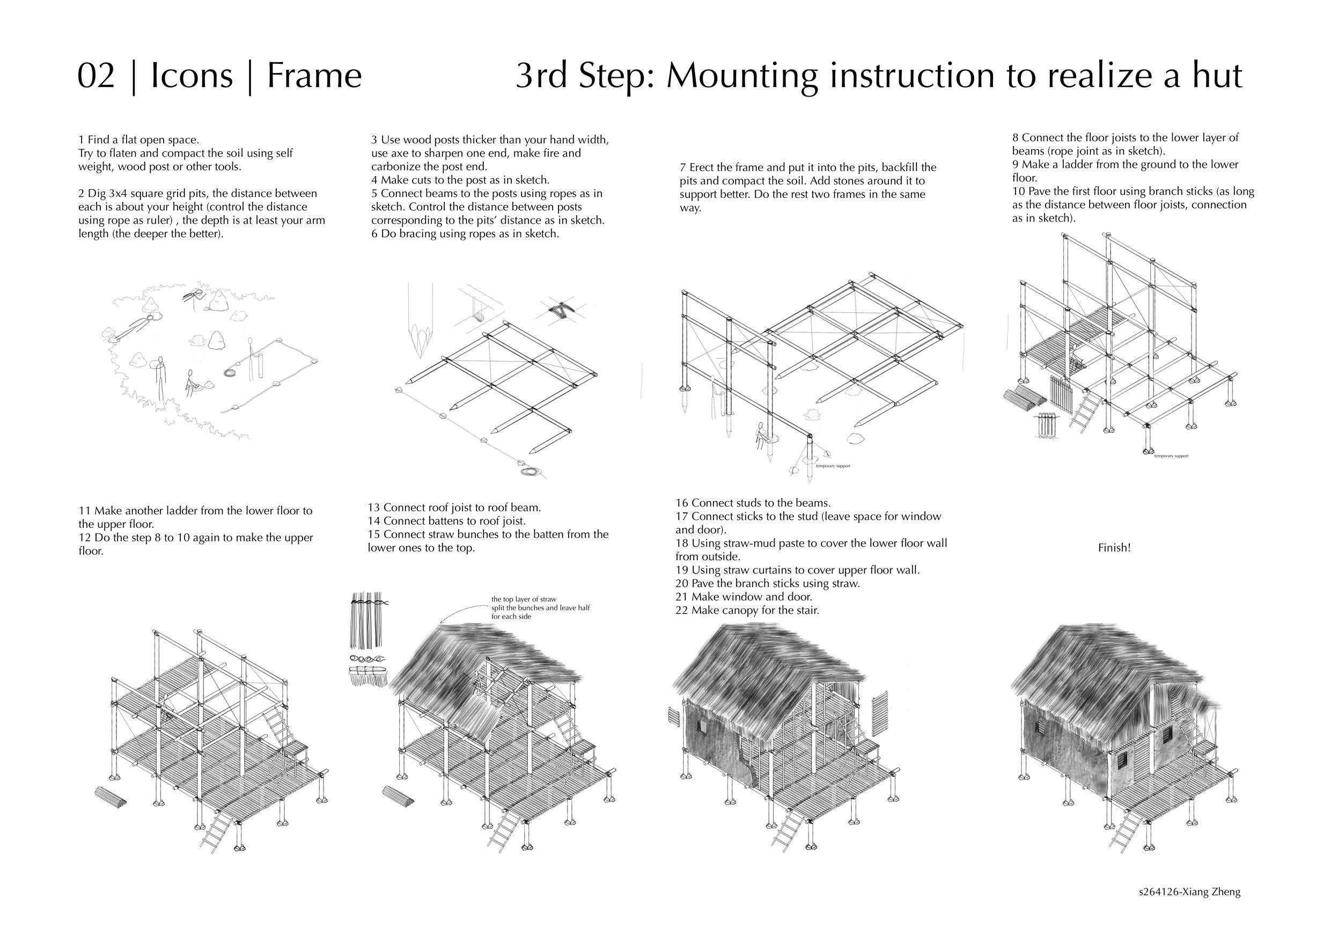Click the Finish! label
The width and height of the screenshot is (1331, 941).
click(x=1114, y=547)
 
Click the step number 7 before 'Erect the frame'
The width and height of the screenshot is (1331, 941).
click(x=683, y=167)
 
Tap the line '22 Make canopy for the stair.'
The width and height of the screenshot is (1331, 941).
click(x=747, y=610)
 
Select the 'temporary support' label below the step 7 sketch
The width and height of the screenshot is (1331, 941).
click(x=833, y=466)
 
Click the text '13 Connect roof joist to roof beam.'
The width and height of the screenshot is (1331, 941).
click(x=454, y=508)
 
